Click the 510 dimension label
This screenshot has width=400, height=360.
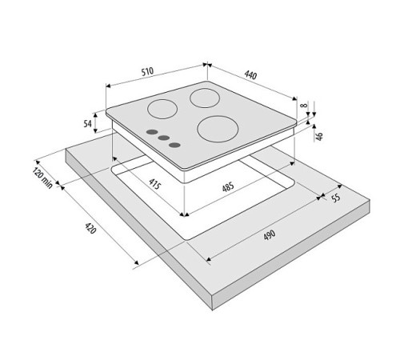147,71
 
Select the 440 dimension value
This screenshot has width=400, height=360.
250,75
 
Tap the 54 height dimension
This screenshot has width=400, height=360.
87,123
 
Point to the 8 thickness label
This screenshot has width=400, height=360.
303,105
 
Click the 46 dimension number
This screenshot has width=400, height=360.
320,135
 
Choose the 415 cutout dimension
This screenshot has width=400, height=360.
154,184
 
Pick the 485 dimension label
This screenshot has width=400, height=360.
228,186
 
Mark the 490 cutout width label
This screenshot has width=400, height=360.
270,235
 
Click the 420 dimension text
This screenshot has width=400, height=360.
90,229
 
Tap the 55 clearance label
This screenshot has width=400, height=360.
336,198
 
